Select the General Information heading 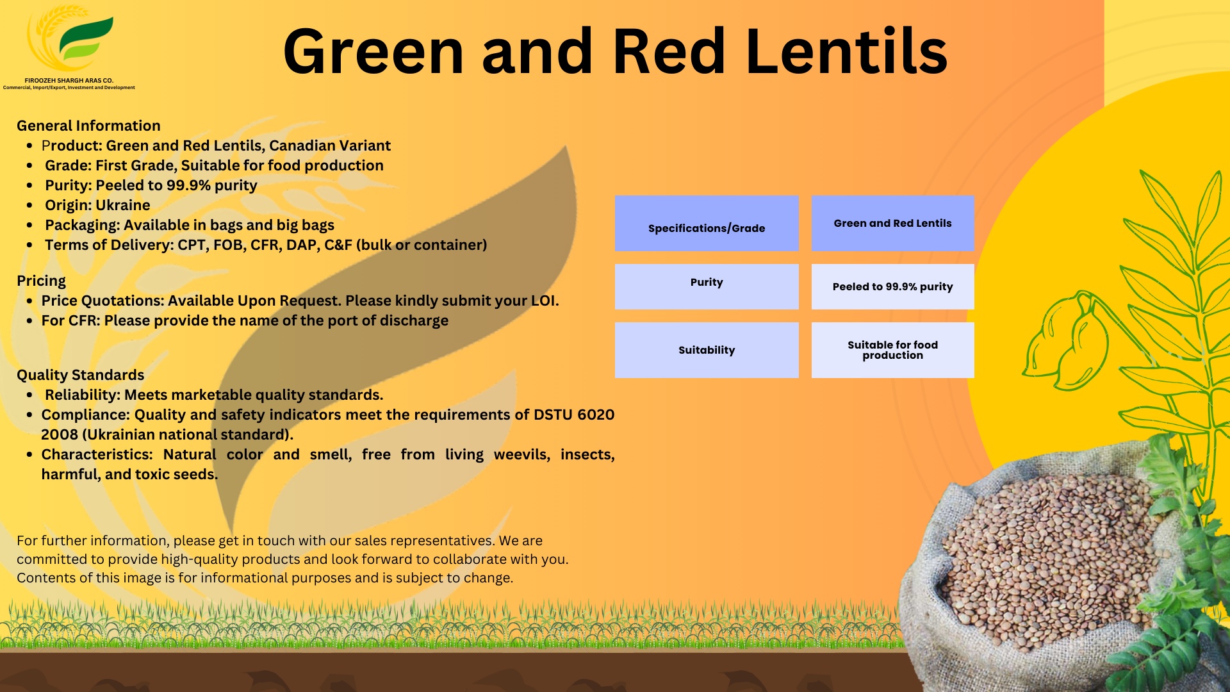click(x=88, y=126)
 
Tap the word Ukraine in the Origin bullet click(x=123, y=205)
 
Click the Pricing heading click(x=41, y=281)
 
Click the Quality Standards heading click(x=80, y=375)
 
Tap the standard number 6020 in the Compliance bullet click(x=595, y=415)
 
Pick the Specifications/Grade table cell click(x=707, y=224)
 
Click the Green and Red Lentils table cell click(x=892, y=224)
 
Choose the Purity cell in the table click(x=707, y=286)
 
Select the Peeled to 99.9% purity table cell click(x=892, y=286)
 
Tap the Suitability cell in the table click(x=707, y=350)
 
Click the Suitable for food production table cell click(x=892, y=350)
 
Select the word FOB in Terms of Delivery click(x=229, y=245)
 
